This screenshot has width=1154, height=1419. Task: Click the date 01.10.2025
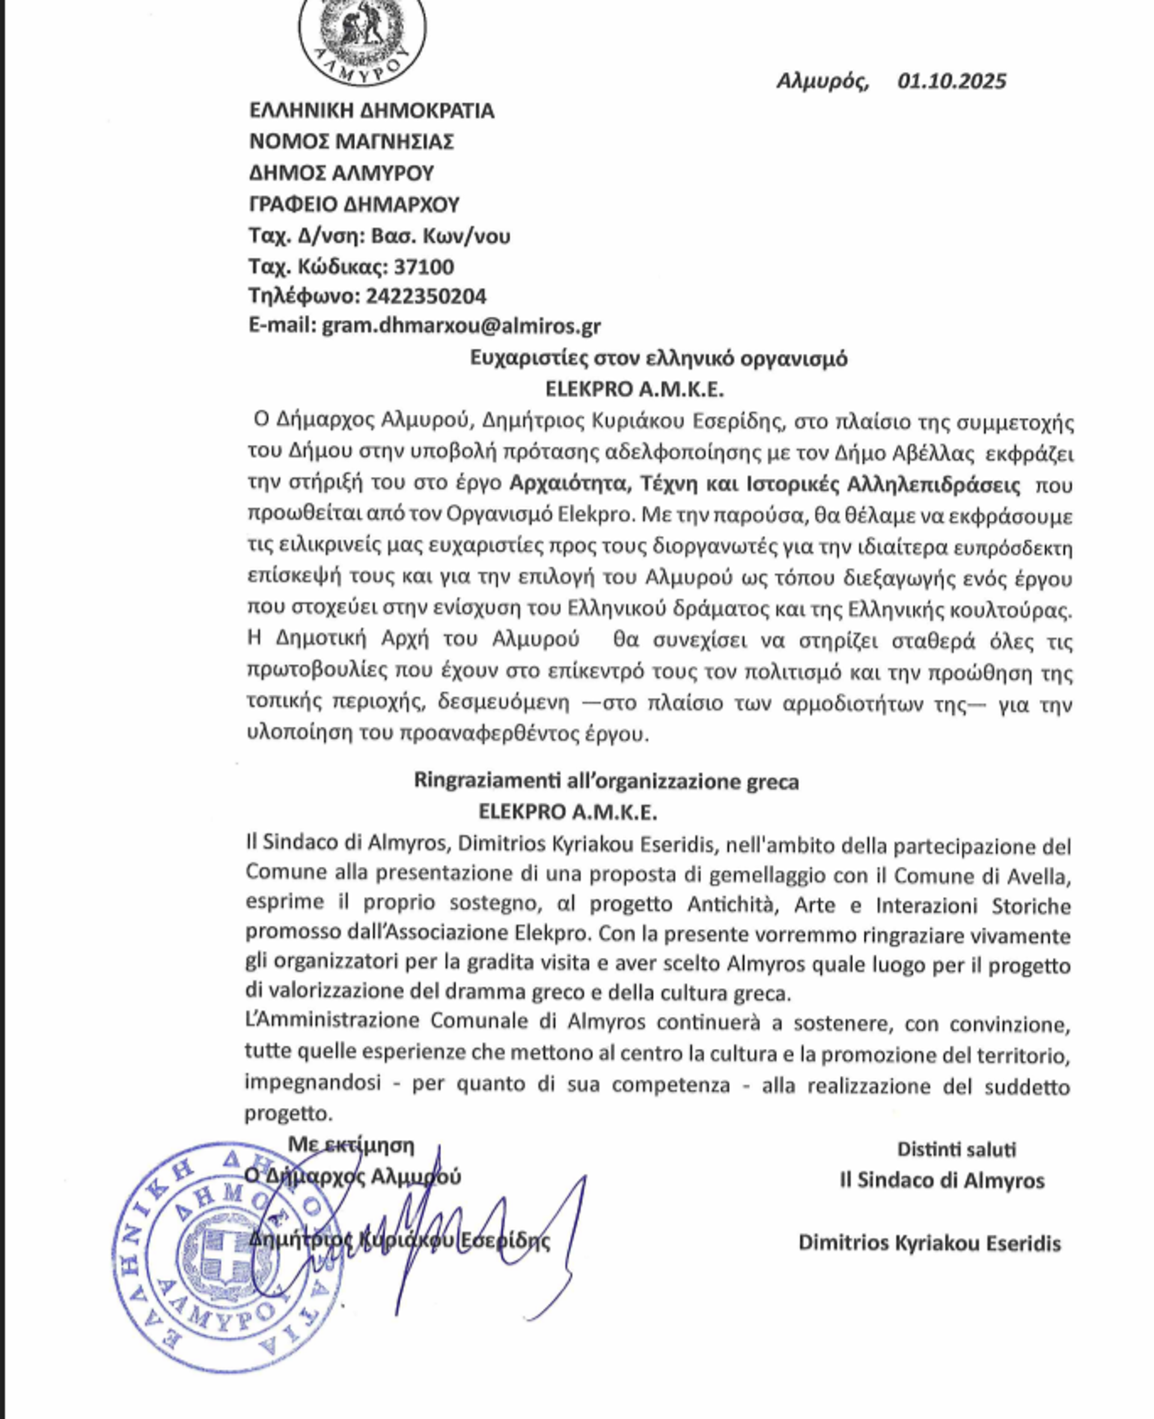951,81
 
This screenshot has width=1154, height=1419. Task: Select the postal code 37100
424,267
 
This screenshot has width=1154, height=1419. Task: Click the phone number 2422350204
426,296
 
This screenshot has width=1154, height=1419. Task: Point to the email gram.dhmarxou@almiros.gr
462,326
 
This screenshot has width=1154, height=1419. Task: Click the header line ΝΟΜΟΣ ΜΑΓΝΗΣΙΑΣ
351,142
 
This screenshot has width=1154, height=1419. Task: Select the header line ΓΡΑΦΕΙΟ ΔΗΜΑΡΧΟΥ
353,204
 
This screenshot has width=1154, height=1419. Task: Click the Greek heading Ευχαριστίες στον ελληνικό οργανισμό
658,358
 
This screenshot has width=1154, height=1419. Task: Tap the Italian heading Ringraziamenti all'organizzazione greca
606,781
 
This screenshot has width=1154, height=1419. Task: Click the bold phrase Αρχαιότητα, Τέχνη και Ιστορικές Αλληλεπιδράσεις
765,484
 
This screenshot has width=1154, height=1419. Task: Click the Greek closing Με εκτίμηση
350,1145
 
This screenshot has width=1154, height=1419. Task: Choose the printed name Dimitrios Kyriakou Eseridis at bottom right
929,1243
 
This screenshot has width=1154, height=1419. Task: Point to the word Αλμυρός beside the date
822,81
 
